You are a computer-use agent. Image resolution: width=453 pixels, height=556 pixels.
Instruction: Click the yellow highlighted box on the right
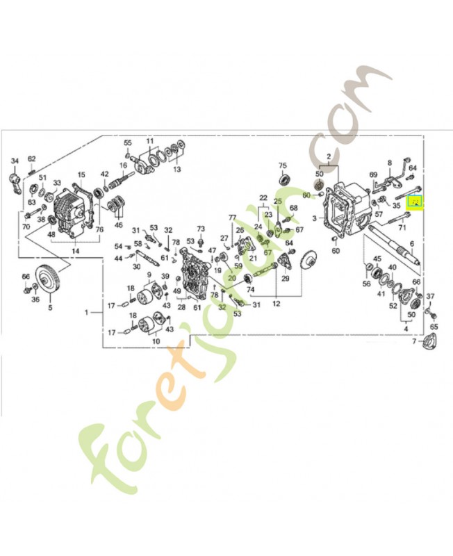coord(415,203)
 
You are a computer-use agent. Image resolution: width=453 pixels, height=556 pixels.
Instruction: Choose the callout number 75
coord(282,165)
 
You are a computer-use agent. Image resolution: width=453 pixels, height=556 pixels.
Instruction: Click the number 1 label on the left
coord(88,313)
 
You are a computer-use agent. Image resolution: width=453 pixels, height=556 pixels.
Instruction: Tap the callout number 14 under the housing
coord(75,250)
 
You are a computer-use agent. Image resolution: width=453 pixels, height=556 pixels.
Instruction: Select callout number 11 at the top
coord(149,142)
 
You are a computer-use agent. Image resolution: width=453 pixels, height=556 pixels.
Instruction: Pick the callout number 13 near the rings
coord(176,169)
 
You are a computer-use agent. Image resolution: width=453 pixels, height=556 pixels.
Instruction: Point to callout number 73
coord(201,229)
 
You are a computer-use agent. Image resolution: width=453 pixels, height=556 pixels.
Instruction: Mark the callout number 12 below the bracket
coord(277,304)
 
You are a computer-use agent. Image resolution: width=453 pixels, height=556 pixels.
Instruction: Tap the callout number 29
coord(285,279)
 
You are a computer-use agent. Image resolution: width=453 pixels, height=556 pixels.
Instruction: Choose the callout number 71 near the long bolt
coord(402,227)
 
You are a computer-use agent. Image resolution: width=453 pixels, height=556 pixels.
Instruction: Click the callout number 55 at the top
coord(127,142)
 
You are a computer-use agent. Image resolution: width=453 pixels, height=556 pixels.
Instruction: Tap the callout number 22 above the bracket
coord(263,198)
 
